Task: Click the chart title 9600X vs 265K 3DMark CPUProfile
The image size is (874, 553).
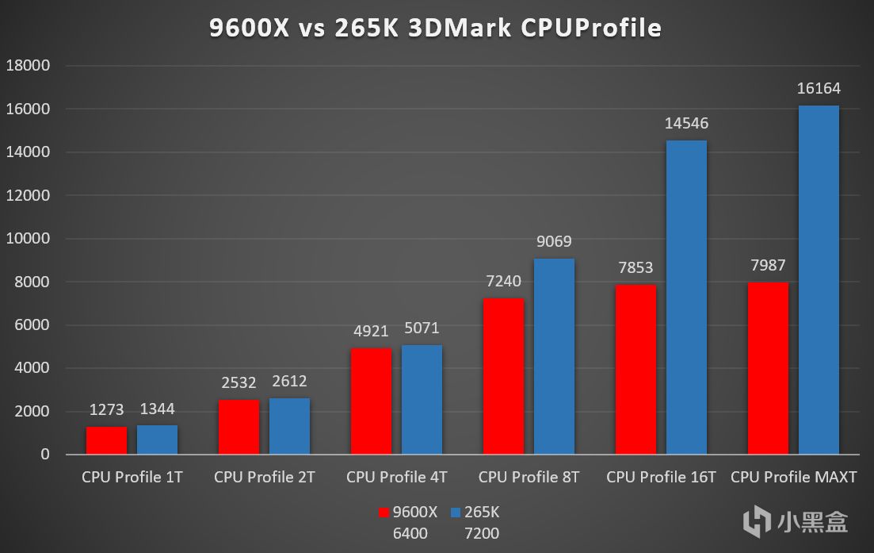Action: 435,29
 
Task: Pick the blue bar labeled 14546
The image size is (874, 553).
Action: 686,298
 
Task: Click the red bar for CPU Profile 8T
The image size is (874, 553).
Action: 503,376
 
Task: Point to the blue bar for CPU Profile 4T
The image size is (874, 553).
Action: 422,400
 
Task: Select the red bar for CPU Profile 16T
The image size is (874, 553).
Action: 635,370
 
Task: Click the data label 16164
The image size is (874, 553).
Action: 819,89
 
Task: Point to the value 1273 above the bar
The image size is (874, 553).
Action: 106,410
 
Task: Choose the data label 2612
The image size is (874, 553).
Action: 289,382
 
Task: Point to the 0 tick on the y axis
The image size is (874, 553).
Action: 45,455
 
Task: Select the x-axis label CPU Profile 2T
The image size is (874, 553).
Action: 264,478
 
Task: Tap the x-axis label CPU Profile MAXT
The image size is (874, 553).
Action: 793,478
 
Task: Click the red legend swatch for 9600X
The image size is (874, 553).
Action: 385,513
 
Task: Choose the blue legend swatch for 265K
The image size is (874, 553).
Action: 456,513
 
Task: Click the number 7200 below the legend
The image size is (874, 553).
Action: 482,534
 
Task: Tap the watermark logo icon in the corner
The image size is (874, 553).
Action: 758,521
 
